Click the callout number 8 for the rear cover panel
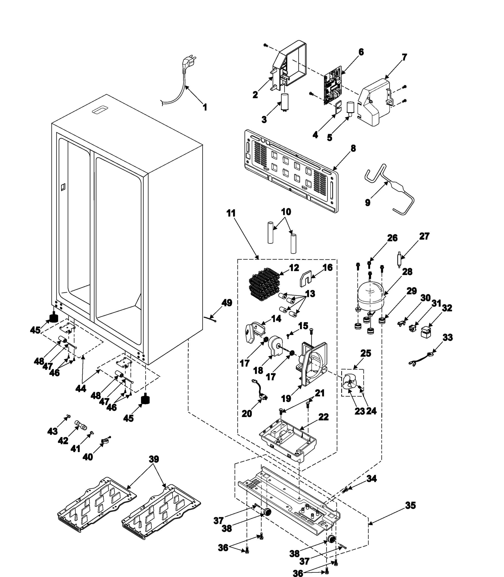tap(353, 148)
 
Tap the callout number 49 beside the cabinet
tap(227, 303)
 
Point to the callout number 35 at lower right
tap(410, 505)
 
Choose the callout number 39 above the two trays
tap(153, 459)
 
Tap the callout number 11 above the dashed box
tap(231, 213)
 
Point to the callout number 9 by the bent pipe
tap(368, 203)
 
